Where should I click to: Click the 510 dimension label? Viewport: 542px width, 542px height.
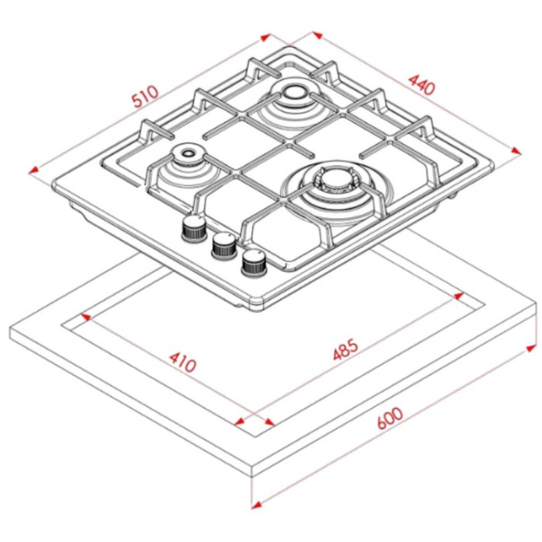[146, 96]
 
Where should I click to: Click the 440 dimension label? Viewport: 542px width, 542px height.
[421, 84]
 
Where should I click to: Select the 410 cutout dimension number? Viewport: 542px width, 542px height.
[183, 362]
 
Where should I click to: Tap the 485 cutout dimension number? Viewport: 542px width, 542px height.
[345, 350]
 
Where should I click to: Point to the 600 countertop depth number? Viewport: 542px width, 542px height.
[390, 418]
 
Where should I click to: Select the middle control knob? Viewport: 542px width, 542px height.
[225, 245]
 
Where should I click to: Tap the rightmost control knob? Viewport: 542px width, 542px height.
[255, 262]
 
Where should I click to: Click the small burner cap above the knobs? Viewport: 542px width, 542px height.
[187, 153]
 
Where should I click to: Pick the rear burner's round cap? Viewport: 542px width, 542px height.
[293, 93]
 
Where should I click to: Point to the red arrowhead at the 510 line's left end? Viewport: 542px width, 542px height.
[33, 170]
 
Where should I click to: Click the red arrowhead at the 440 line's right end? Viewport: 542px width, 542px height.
[516, 151]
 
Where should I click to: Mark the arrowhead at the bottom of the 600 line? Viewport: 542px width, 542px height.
[256, 506]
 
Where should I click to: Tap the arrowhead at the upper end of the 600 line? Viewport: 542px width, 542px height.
[531, 348]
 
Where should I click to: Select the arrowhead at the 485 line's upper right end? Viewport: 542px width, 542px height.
[458, 296]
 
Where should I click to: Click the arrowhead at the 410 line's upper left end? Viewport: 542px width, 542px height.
[85, 317]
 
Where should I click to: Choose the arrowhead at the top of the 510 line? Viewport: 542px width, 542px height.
[266, 37]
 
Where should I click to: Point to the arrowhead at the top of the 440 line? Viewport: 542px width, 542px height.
[317, 35]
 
